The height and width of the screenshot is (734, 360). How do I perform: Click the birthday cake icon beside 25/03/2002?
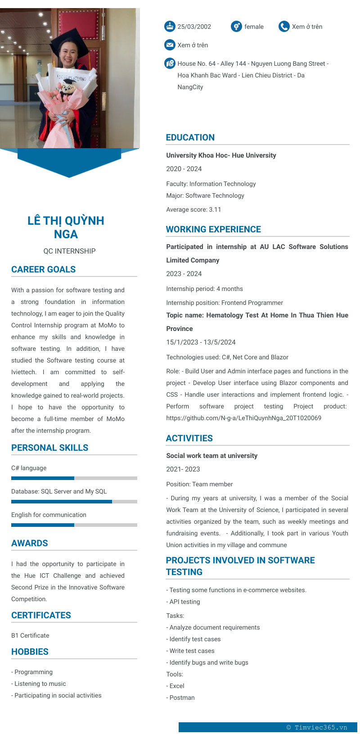click(170, 26)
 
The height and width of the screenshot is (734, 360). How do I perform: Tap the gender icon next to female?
click(236, 26)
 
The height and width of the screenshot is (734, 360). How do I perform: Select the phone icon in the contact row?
click(284, 26)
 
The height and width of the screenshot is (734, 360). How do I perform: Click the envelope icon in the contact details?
click(170, 45)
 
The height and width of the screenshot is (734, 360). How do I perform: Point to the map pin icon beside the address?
click(170, 63)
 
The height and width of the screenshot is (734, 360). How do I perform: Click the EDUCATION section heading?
click(190, 137)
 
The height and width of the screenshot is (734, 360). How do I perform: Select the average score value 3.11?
click(215, 209)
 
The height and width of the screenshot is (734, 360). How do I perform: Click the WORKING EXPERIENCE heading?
click(213, 229)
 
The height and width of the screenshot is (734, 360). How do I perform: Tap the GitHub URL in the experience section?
click(244, 418)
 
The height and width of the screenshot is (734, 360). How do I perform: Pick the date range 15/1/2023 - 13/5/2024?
click(201, 342)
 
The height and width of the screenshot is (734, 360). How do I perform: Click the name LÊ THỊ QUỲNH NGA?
click(66, 227)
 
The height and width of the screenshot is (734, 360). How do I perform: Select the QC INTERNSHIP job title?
click(69, 251)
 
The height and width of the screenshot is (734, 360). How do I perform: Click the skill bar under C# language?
click(74, 478)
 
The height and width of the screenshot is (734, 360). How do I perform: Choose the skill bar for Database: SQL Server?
click(74, 502)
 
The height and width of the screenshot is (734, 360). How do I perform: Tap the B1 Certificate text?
click(30, 635)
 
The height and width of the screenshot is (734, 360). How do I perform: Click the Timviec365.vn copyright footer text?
click(317, 727)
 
